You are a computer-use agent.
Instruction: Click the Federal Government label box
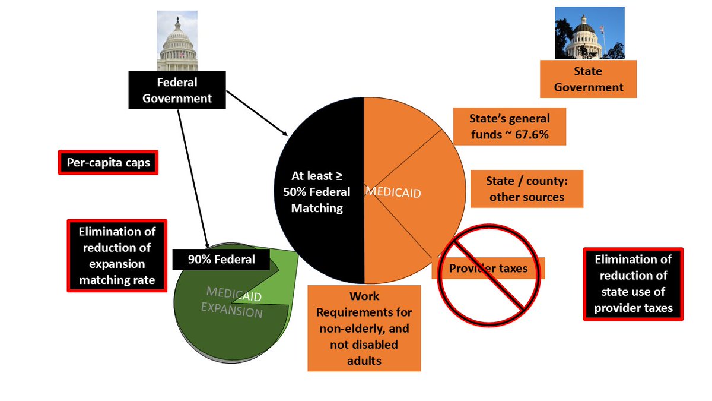click(177, 90)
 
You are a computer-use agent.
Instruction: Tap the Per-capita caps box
click(108, 162)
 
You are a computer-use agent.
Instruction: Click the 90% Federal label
click(221, 259)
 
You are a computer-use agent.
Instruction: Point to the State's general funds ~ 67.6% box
click(509, 126)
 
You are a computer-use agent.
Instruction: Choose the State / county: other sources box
click(526, 188)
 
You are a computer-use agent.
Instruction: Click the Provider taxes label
click(488, 269)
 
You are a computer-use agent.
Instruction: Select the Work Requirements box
click(364, 328)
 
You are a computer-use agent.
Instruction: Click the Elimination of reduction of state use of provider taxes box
click(633, 284)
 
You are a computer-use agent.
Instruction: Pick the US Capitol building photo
click(177, 41)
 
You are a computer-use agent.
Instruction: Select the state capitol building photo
click(581, 33)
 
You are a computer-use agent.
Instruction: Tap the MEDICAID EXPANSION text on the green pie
click(234, 301)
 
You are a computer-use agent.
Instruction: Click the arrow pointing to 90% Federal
click(193, 178)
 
